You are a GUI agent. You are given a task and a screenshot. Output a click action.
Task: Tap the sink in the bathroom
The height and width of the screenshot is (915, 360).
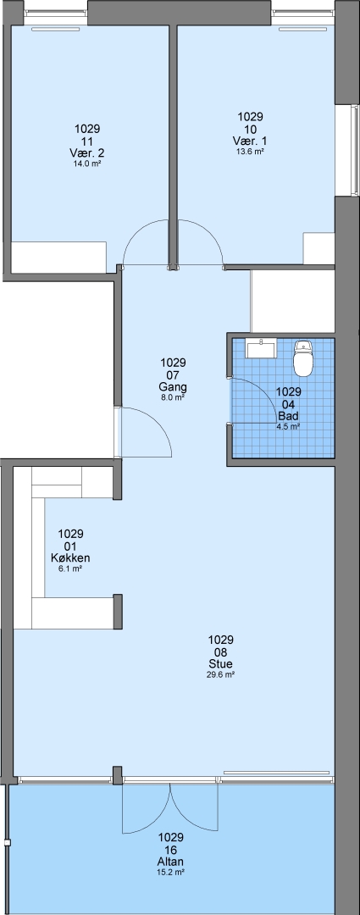pyautogui.click(x=262, y=348)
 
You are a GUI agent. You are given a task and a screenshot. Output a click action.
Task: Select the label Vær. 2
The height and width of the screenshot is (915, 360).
pyautogui.click(x=87, y=153)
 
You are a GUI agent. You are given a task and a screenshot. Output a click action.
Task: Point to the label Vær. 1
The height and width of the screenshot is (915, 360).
pyautogui.click(x=251, y=141)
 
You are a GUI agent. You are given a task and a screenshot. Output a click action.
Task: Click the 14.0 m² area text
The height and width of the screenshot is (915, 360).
pyautogui.click(x=87, y=164)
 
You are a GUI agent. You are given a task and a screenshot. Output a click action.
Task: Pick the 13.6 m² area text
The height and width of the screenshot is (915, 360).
pyautogui.click(x=251, y=152)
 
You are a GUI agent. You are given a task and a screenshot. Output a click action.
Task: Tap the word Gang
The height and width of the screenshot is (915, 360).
pyautogui.click(x=173, y=387)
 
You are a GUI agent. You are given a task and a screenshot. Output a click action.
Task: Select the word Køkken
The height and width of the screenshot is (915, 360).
pyautogui.click(x=70, y=558)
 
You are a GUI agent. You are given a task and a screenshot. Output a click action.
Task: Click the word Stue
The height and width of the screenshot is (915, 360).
pyautogui.click(x=220, y=664)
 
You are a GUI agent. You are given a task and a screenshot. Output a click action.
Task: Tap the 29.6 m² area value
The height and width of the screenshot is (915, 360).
pyautogui.click(x=220, y=674)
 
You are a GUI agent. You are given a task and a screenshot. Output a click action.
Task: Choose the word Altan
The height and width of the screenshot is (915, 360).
pyautogui.click(x=171, y=862)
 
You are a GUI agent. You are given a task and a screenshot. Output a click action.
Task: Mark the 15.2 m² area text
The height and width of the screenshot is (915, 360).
pyautogui.click(x=171, y=873)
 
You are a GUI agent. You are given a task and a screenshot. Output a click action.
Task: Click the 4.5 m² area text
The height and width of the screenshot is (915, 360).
pyautogui.click(x=288, y=426)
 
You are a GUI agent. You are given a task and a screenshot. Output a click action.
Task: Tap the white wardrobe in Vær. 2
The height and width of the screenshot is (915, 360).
pyautogui.click(x=58, y=257)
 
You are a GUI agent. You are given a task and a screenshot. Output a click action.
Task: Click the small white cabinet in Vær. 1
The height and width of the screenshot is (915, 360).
pyautogui.click(x=318, y=248)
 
